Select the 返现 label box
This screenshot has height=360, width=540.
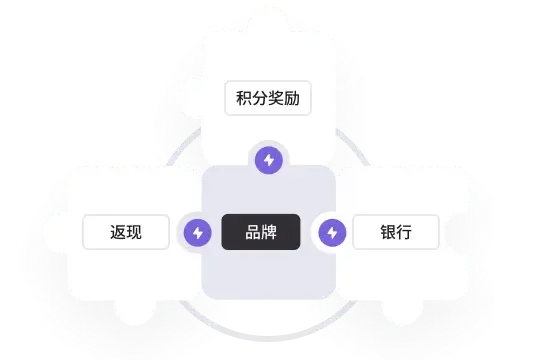point(126,233)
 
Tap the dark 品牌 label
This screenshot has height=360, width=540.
point(261,233)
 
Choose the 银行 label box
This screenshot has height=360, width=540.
point(396,233)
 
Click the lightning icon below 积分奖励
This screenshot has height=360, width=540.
point(268,159)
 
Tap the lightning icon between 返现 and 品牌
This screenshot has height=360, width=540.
point(197,233)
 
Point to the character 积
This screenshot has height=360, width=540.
point(244,100)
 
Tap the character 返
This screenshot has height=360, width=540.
point(118,233)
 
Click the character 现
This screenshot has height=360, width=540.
point(134,233)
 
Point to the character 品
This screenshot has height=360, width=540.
point(253,233)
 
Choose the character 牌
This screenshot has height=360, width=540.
point(269,233)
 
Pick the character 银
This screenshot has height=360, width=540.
point(388,233)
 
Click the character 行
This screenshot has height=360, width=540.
point(404,233)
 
